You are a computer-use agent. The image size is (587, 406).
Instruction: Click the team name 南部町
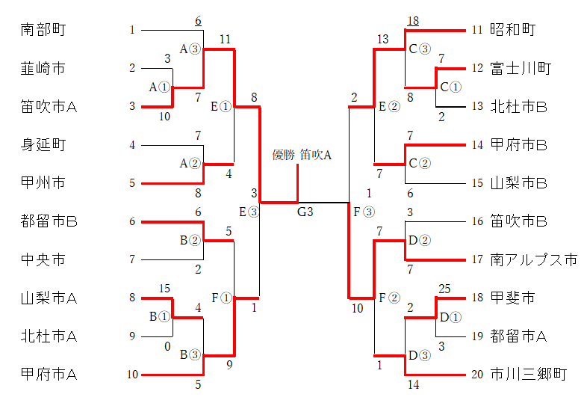[43, 30]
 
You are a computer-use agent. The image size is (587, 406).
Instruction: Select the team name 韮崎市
[43, 68]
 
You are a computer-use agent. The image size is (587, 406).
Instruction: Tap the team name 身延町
[43, 145]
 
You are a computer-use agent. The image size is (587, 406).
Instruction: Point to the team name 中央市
[43, 259]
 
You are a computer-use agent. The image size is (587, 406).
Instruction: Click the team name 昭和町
[513, 30]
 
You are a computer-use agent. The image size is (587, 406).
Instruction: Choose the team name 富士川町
[521, 68]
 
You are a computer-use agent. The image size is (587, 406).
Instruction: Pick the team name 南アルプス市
[534, 259]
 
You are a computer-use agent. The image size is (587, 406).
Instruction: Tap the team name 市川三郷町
[529, 374]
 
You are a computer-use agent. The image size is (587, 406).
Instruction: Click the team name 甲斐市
[512, 298]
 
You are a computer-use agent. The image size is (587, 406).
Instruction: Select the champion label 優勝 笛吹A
[302, 155]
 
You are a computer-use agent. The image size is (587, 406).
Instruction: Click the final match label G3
[305, 212]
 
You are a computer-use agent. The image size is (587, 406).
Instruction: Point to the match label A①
[160, 87]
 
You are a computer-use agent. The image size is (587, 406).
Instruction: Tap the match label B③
[190, 354]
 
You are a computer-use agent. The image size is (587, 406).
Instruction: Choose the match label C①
[451, 87]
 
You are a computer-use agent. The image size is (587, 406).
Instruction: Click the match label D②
[420, 240]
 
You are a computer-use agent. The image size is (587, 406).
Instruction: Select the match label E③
[249, 212]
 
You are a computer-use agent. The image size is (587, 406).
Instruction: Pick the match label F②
[389, 298]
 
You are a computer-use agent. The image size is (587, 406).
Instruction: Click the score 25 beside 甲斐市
[444, 289]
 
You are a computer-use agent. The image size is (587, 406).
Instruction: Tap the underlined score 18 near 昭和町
[413, 21]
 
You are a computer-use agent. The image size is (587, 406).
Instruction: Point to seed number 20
[477, 374]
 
